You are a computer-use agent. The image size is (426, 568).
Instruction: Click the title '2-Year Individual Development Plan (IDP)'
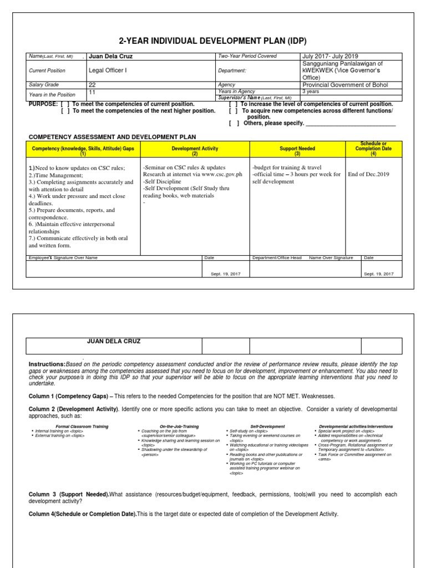[x=213, y=42]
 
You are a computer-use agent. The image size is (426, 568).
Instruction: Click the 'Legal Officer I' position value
[x=108, y=70]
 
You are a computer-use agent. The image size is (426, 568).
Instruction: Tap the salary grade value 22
[x=92, y=85]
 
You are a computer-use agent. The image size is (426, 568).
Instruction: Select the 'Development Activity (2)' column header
[x=195, y=149]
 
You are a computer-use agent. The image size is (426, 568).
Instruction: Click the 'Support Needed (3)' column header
[x=297, y=149]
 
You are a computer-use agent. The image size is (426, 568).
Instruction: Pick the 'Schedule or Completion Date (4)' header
[x=373, y=149]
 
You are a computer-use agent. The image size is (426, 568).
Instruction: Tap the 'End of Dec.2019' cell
[x=368, y=174]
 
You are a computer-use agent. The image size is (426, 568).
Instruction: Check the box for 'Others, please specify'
[x=234, y=123]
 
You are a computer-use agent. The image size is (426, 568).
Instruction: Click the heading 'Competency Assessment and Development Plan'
[x=112, y=136]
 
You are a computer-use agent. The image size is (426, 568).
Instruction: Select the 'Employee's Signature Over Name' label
[x=63, y=258]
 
